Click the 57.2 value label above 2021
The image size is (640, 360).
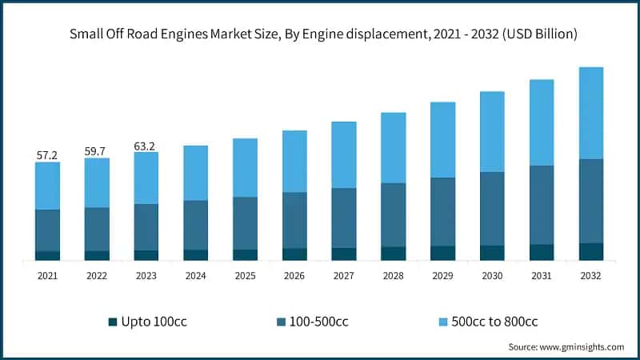point(47,155)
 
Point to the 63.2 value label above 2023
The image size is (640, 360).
point(146,146)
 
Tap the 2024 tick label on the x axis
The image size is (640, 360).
point(195,275)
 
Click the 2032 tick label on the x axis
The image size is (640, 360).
point(590,275)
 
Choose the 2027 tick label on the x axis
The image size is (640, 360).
point(344,275)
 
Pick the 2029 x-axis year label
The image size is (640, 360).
point(442,275)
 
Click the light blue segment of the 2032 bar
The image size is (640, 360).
point(590,113)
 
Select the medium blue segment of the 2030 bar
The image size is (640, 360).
point(492,208)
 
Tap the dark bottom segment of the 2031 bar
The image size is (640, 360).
point(542,252)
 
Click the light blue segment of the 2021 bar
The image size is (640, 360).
point(47,186)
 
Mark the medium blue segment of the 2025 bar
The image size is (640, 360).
point(245,222)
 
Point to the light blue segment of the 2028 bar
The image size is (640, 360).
point(393,147)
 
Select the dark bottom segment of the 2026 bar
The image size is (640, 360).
point(294,254)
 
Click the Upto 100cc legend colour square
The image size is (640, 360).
point(112,322)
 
